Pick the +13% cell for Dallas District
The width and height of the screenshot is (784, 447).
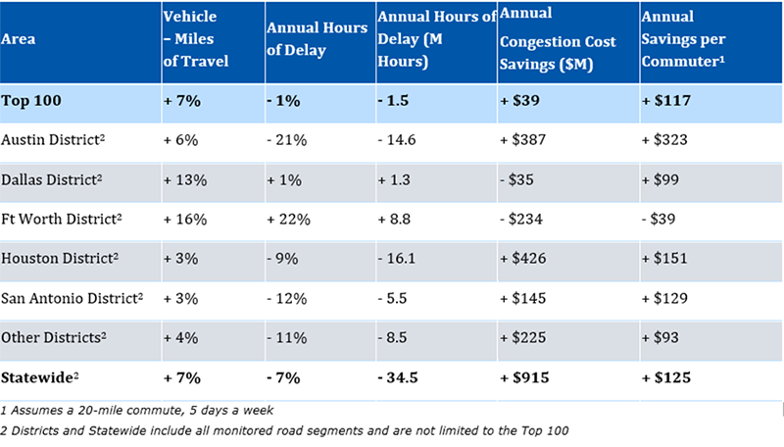click(184, 180)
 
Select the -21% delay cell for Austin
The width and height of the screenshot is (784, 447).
click(287, 140)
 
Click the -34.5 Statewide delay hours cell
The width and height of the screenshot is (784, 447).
click(401, 377)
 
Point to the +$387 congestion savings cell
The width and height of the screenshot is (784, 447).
click(526, 140)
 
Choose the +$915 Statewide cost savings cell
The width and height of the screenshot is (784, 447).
click(526, 377)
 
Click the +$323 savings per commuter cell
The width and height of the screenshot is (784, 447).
click(662, 140)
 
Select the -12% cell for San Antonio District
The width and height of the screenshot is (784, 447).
click(287, 297)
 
